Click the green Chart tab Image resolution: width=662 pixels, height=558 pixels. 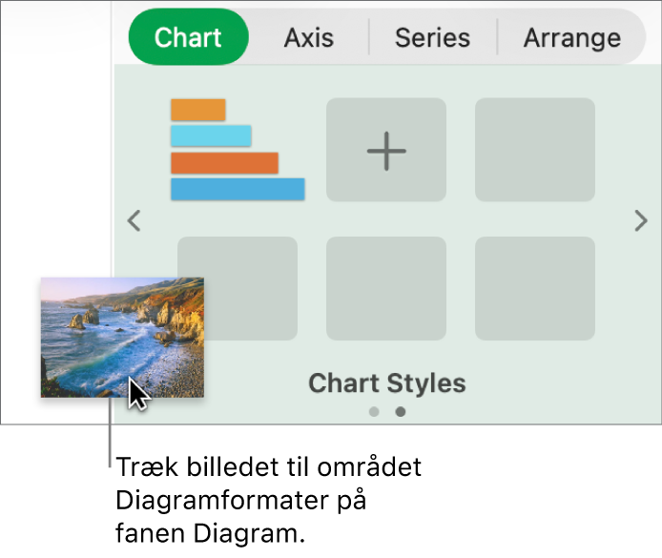click(188, 38)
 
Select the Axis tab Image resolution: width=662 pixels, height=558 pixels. click(309, 38)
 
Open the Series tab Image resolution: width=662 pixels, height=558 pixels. click(432, 38)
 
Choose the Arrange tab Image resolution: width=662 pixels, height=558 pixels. click(571, 38)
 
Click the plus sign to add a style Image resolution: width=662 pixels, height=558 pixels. click(386, 151)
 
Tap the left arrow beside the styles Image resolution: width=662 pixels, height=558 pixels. click(134, 221)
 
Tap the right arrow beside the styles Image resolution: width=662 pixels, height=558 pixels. click(641, 221)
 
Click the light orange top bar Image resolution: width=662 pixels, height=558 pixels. click(198, 110)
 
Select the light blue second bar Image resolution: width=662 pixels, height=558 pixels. click(211, 135)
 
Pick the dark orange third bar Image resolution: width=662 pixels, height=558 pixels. click(224, 162)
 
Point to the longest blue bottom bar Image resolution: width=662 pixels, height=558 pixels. click(238, 189)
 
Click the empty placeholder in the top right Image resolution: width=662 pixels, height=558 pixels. click(535, 151)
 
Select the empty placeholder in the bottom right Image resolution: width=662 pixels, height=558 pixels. click(535, 289)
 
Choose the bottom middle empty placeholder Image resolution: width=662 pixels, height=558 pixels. click(386, 289)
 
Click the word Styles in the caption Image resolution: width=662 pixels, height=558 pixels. click(422, 383)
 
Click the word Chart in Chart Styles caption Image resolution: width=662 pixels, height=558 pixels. click(340, 383)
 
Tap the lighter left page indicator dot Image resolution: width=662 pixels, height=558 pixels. click(374, 412)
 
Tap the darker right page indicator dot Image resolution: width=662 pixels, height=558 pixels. click(401, 412)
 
